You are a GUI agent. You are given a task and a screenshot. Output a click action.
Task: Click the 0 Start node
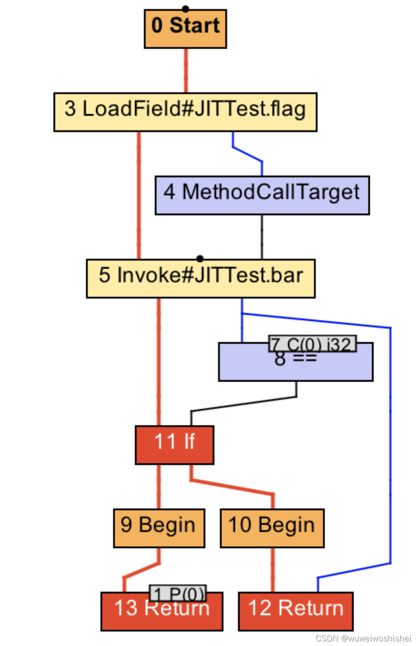pos(185,29)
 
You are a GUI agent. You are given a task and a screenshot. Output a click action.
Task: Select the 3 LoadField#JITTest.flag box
pos(185,112)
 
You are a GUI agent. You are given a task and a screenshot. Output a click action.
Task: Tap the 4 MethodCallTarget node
pos(262,195)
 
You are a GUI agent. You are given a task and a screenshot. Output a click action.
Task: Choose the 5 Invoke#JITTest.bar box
pos(200,279)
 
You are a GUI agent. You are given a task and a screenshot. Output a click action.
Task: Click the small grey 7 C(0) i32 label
pos(312,344)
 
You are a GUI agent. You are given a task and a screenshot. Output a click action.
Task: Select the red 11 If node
pos(174,445)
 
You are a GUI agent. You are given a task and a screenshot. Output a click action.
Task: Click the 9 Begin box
pos(159,528)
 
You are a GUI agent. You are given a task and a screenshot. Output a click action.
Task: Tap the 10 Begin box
pos(272,528)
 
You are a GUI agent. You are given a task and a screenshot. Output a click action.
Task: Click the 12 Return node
pos(295,611)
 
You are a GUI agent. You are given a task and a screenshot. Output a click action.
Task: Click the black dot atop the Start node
pos(185,9)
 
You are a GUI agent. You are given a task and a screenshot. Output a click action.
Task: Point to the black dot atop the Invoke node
pos(200,259)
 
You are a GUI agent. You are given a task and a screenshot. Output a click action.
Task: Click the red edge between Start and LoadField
pos(185,71)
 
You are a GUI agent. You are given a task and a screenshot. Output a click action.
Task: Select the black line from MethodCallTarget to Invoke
pos(261,237)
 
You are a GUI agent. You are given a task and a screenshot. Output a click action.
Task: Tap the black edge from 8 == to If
pos(244,404)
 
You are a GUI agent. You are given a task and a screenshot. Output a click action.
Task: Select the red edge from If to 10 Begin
pos(233,487)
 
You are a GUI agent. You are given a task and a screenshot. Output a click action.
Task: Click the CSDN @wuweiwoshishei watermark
pos(363,638)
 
